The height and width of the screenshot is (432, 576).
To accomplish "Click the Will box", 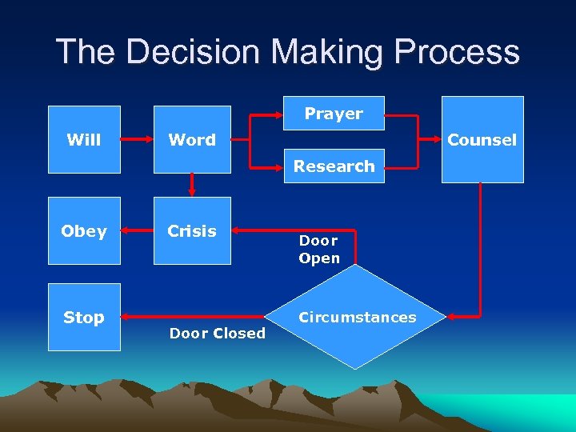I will point(84,140).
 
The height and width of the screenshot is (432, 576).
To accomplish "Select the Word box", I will point(192,140).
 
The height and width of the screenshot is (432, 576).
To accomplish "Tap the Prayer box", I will point(334,114).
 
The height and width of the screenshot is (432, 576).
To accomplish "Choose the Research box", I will point(334,166).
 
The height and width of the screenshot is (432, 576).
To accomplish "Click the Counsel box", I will point(482,140).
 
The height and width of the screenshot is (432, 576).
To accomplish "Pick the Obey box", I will point(84,230).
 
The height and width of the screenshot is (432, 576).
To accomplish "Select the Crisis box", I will point(192,230).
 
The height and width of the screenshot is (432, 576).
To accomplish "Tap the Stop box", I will point(84,317).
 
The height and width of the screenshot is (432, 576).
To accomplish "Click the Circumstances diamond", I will point(357,317).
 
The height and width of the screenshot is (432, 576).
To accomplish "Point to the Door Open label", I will point(319,249).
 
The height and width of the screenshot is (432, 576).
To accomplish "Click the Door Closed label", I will point(217,334).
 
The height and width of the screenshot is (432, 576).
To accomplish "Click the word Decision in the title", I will point(195,52).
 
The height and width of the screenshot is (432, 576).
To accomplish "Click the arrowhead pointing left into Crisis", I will point(237,231).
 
